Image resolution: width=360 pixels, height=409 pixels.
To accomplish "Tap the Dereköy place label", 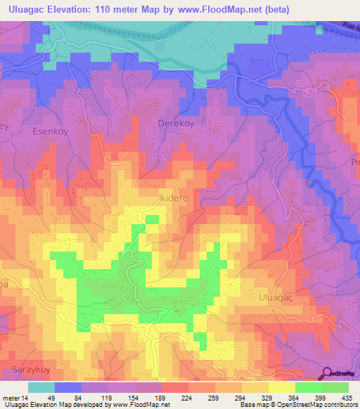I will click(x=173, y=123).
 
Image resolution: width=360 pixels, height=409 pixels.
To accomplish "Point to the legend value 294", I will click(x=241, y=397).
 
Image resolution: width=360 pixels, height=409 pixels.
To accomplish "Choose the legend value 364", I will click(x=295, y=397).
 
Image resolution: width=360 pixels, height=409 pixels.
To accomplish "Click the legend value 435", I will click(x=347, y=397).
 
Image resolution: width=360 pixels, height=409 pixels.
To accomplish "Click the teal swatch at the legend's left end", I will click(x=41, y=387).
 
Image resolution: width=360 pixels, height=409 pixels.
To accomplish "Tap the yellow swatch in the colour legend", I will click(x=281, y=387).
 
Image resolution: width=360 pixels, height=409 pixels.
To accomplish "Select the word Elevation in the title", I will click(x=75, y=9).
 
